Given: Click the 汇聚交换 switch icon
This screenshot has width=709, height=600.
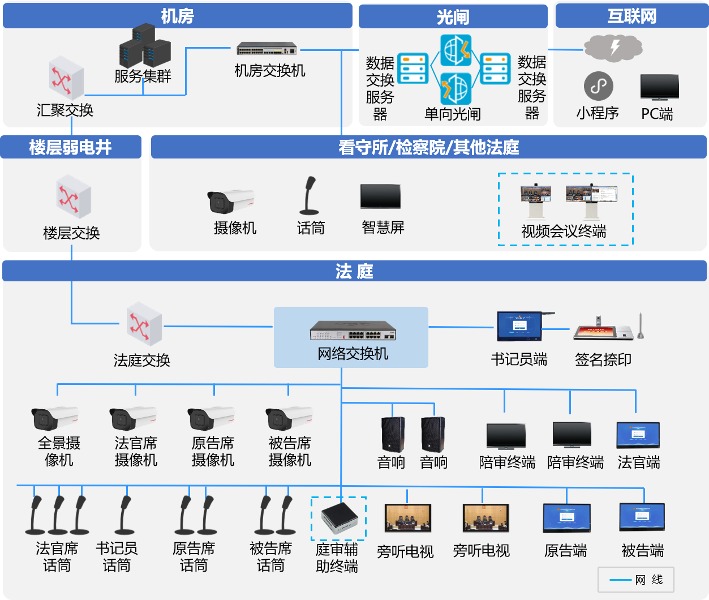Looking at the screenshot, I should pyautogui.click(x=66, y=79).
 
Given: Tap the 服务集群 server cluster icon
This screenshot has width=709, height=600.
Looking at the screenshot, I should pyautogui.click(x=145, y=46).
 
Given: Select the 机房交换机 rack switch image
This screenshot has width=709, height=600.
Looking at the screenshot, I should pyautogui.click(x=267, y=49).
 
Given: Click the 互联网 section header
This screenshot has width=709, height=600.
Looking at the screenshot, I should pyautogui.click(x=631, y=16).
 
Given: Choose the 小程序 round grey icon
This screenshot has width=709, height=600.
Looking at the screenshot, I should pyautogui.click(x=598, y=86).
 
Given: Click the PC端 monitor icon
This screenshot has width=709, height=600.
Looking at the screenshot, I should pyautogui.click(x=659, y=88).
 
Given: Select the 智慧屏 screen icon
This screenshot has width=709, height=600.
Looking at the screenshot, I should pyautogui.click(x=380, y=197).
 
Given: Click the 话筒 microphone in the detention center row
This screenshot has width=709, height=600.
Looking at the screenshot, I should pyautogui.click(x=309, y=196).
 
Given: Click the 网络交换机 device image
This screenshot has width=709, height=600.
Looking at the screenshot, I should pyautogui.click(x=353, y=330).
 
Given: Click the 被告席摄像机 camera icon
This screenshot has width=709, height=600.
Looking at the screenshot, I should pyautogui.click(x=289, y=419).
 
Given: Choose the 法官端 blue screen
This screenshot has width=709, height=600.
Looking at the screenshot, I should pyautogui.click(x=638, y=435).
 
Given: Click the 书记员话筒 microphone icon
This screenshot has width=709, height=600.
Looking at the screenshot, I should pyautogui.click(x=124, y=515).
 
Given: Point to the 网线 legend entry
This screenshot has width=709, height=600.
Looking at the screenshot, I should pyautogui.click(x=636, y=580).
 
